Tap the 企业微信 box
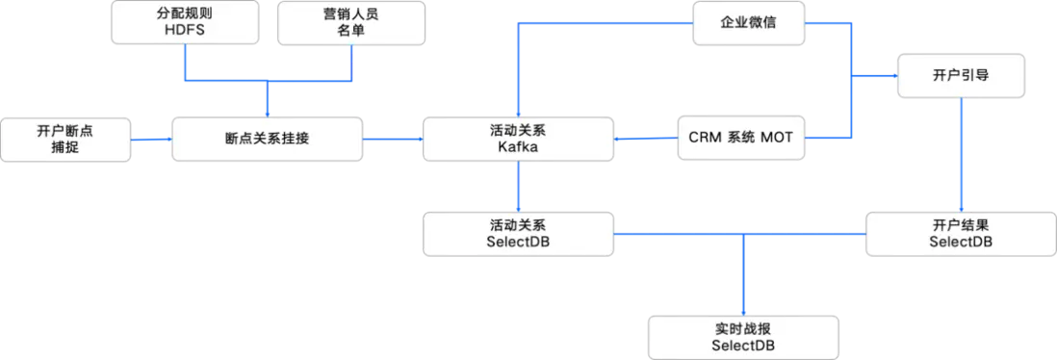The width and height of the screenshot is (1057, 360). point(748,22)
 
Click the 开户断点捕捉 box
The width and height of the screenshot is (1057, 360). point(64,140)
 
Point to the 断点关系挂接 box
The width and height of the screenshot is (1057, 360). point(267,139)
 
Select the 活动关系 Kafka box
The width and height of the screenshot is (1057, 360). point(518,139)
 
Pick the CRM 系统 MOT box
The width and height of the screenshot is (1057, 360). point(740,139)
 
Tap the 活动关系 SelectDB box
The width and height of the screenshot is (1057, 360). point(518,233)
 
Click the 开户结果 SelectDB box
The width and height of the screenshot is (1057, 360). point(960,233)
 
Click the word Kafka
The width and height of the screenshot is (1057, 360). point(518,148)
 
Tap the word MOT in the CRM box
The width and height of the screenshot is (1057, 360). point(778,139)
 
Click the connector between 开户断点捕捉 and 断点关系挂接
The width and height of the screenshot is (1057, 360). point(149,140)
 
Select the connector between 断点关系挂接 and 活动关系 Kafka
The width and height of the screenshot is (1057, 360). point(393,140)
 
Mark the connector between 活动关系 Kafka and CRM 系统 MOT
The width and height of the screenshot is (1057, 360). point(645,140)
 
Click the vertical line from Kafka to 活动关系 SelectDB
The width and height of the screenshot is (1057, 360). point(518,185)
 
